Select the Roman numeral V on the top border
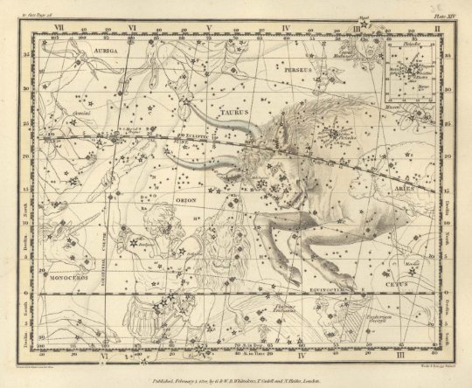pos(209,29)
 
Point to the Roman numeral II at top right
pos(436,29)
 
